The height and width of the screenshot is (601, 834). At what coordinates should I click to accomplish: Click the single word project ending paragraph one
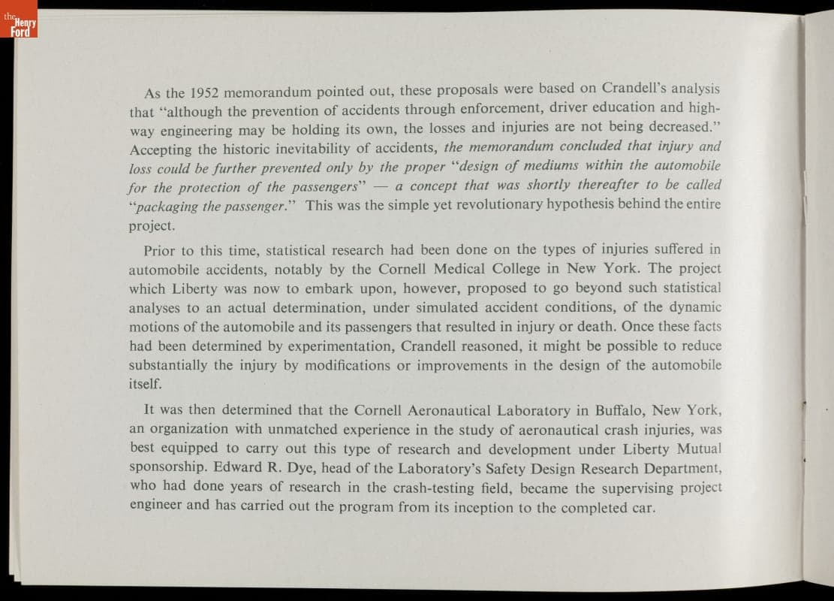pos(151,225)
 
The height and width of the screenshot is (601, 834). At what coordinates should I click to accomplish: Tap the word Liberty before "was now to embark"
pos(194,288)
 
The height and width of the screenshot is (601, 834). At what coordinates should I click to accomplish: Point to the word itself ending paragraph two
pos(145,382)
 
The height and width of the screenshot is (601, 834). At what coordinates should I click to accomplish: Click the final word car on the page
pos(644,507)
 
